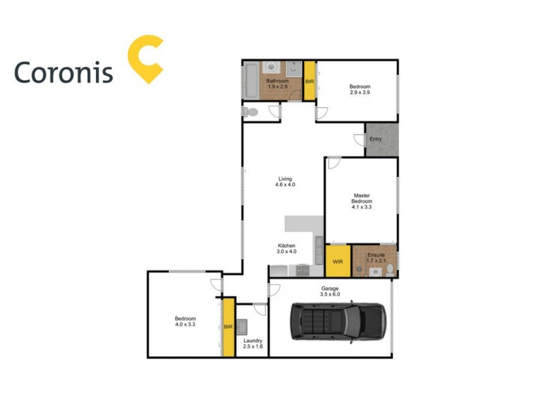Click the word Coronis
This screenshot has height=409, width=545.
pyautogui.click(x=63, y=72)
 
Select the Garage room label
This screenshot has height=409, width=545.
pyautogui.click(x=330, y=291)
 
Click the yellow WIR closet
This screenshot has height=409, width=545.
pyautogui.click(x=337, y=261)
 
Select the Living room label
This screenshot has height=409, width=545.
pyautogui.click(x=285, y=182)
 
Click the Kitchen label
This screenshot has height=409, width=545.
pyautogui.click(x=286, y=248)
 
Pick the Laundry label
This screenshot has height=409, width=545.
pyautogui.click(x=253, y=344)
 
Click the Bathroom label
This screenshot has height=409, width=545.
pyautogui.click(x=278, y=84)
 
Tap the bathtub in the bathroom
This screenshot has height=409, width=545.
pyautogui.click(x=250, y=80)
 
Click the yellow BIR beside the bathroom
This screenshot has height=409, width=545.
pyautogui.click(x=309, y=82)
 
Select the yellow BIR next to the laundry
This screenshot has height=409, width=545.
pyautogui.click(x=229, y=327)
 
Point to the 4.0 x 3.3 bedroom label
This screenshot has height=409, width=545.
pyautogui.click(x=185, y=322)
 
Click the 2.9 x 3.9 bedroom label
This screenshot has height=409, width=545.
pyautogui.click(x=360, y=89)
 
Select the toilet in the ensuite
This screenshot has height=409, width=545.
pyautogui.click(x=388, y=271)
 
